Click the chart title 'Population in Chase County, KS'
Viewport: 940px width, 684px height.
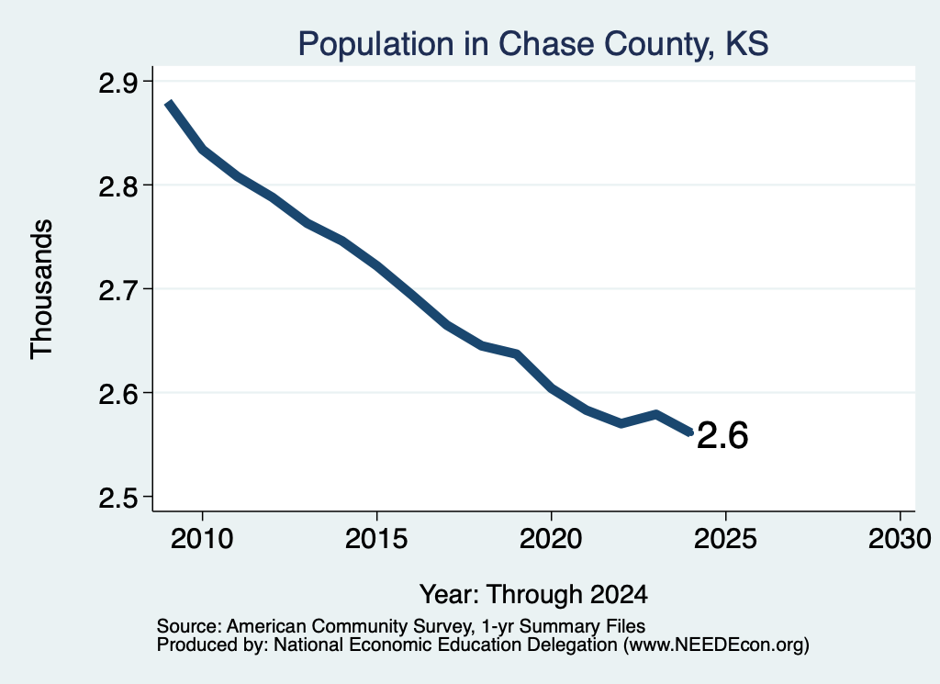click(533, 44)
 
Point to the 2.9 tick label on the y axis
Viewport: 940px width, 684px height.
click(117, 83)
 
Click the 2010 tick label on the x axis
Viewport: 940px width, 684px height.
click(202, 538)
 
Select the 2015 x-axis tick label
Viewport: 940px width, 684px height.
click(376, 538)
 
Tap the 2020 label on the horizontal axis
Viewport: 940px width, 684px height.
click(551, 538)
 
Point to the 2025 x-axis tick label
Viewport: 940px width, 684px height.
click(725, 538)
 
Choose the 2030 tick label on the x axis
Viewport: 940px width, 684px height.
click(900, 538)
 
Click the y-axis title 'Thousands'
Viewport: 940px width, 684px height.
click(41, 289)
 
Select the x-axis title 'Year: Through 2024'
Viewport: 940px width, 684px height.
click(533, 594)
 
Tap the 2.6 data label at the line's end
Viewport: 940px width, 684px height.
click(722, 435)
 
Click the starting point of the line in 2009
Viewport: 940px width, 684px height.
click(169, 103)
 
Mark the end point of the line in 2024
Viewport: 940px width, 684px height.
click(690, 432)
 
